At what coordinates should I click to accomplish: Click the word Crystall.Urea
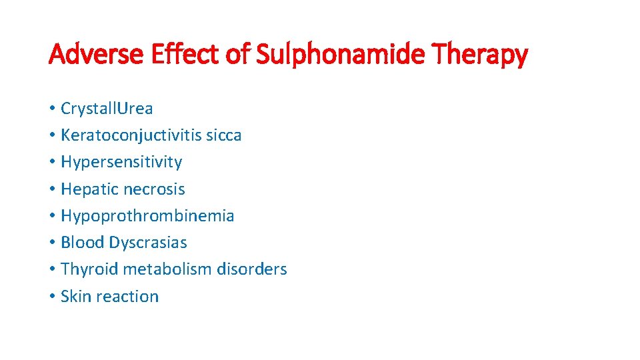107,108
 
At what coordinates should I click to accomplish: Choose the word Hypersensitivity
121,162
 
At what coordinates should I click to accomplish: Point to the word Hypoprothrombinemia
147,216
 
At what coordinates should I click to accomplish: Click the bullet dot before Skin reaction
51,297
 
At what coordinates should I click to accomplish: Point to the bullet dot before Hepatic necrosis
51,189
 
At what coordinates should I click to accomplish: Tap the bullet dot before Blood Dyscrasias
51,243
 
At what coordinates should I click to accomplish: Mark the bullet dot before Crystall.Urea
51,109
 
